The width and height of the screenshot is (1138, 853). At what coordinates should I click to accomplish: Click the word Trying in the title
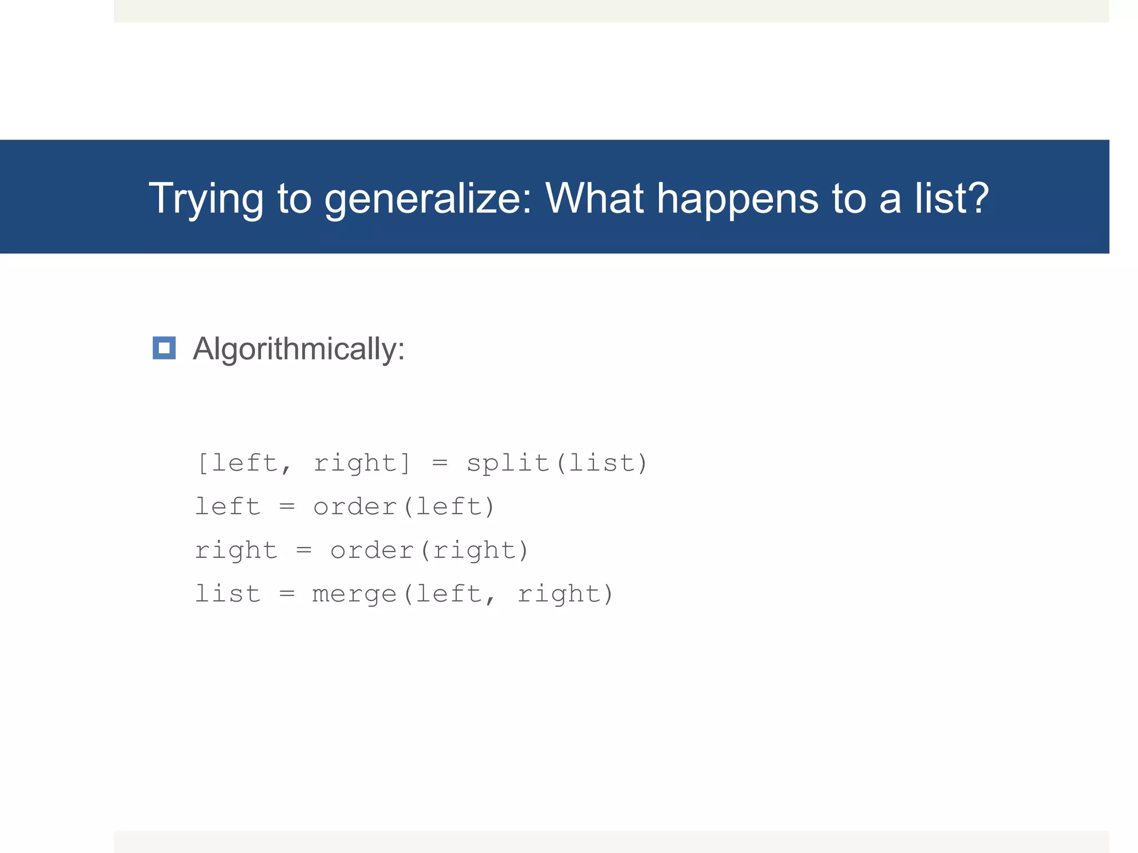tap(206, 199)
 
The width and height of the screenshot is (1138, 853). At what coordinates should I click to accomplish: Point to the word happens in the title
tap(737, 199)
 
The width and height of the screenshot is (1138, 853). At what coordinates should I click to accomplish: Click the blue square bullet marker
tap(164, 348)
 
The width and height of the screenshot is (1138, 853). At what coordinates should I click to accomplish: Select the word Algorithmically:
tap(298, 349)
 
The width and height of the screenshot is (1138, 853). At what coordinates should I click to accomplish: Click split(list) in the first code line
tap(557, 463)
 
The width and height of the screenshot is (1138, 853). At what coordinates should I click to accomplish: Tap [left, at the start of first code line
tap(244, 463)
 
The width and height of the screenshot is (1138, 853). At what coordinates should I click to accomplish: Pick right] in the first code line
tap(362, 463)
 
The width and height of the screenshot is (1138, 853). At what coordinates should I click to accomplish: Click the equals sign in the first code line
tap(440, 463)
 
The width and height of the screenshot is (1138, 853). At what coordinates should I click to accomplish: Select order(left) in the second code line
tap(403, 506)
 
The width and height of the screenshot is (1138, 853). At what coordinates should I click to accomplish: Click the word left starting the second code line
tap(228, 506)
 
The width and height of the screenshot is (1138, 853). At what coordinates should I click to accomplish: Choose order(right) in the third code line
tap(429, 550)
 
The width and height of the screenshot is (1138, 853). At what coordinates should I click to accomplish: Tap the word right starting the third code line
tap(236, 550)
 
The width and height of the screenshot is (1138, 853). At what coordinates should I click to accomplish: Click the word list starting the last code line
tap(228, 594)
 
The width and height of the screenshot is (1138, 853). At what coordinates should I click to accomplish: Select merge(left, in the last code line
tap(403, 594)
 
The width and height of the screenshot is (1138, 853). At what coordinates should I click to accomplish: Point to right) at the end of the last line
tap(565, 594)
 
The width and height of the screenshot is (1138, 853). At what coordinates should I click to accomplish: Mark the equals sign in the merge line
tap(287, 594)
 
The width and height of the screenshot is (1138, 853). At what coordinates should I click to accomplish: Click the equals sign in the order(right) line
tap(304, 550)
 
